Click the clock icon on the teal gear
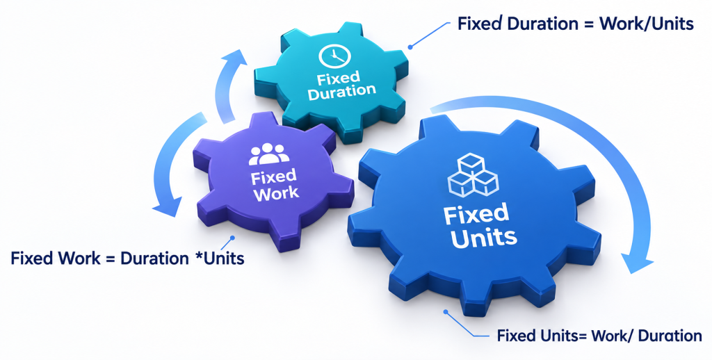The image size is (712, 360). pyautogui.click(x=334, y=56)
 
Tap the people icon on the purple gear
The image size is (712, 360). pyautogui.click(x=269, y=154)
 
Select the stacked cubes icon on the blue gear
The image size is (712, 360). pyautogui.click(x=473, y=174)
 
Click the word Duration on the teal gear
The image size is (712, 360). pyautogui.click(x=341, y=91)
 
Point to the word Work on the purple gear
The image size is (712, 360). pyautogui.click(x=276, y=193)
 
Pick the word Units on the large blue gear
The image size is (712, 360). pyautogui.click(x=484, y=238)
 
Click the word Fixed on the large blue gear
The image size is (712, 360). pyautogui.click(x=476, y=213)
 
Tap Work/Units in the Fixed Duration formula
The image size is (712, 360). pyautogui.click(x=647, y=24)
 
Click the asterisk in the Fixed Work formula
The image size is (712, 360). pyautogui.click(x=198, y=256)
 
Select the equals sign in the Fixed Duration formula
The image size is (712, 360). pyautogui.click(x=588, y=24)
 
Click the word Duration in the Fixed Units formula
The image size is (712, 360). pyautogui.click(x=670, y=336)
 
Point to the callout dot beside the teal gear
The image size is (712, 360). pyautogui.click(x=410, y=47)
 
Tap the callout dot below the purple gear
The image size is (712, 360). pyautogui.click(x=232, y=238)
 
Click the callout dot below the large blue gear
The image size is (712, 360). pyautogui.click(x=446, y=312)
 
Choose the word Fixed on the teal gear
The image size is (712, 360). pyautogui.click(x=339, y=79)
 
